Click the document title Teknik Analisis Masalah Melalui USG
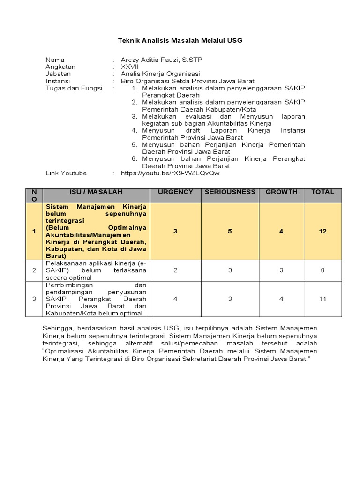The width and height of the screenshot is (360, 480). click(180, 41)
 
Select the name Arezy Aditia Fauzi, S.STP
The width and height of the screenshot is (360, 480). click(161, 60)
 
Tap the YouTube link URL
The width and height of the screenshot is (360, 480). click(170, 173)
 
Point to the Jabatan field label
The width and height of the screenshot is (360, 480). click(58, 74)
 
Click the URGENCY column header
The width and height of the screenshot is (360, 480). click(175, 192)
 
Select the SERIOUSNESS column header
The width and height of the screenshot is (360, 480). click(230, 192)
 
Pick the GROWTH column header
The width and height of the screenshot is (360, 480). click(281, 192)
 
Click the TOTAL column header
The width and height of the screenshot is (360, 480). click(322, 192)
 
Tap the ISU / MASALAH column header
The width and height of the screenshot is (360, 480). click(97, 192)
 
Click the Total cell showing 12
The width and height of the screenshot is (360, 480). click(322, 231)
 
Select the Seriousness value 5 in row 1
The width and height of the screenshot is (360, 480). click(230, 231)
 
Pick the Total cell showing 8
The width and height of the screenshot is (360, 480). click(322, 270)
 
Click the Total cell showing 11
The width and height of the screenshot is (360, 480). click(322, 299)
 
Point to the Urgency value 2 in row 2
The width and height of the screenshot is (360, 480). click(175, 270)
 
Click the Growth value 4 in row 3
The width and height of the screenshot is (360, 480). click(281, 299)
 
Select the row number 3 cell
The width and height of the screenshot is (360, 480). click(34, 299)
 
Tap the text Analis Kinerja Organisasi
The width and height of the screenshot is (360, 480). click(160, 74)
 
